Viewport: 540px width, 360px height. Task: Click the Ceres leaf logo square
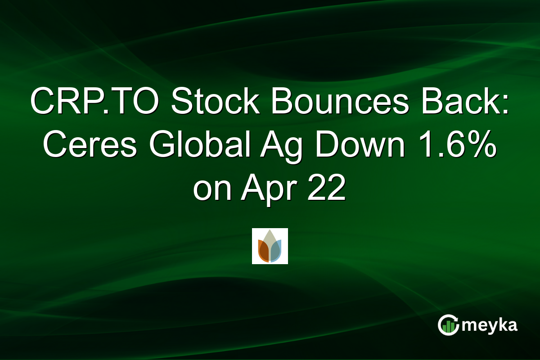tap(270, 246)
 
